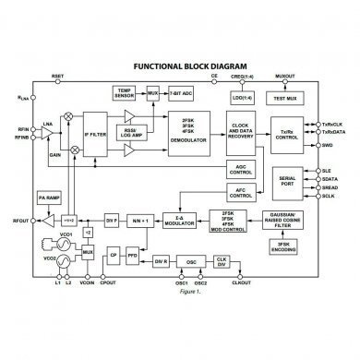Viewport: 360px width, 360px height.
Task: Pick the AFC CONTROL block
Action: pyautogui.click(x=240, y=193)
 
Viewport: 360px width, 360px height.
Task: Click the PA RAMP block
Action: pyautogui.click(x=48, y=198)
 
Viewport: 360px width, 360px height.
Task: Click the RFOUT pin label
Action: pyautogui.click(x=20, y=221)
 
